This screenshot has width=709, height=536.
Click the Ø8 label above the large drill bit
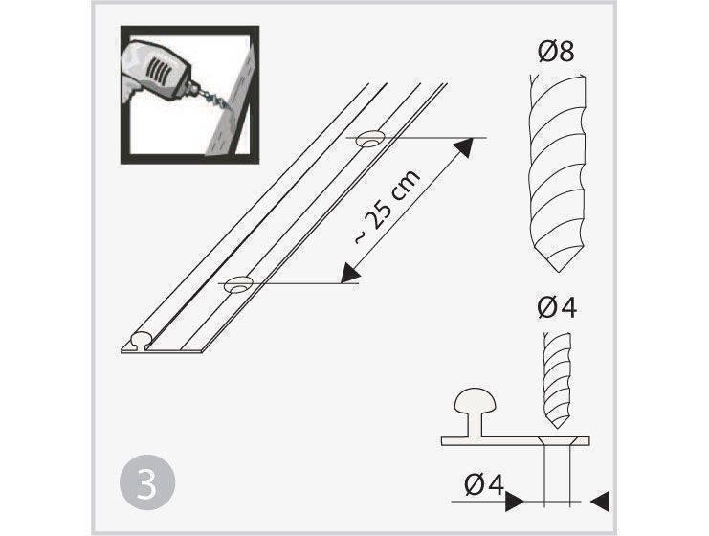pyautogui.click(x=556, y=51)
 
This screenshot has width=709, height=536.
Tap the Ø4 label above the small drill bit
pyautogui.click(x=557, y=308)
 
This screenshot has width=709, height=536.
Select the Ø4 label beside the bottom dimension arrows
pyautogui.click(x=484, y=485)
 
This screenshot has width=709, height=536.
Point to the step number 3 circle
pyautogui.click(x=147, y=482)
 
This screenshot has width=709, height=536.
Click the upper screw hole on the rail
pyautogui.click(x=370, y=140)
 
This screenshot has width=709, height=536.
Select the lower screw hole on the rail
pyautogui.click(x=239, y=284)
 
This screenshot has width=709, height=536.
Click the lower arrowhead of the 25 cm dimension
pyautogui.click(x=350, y=273)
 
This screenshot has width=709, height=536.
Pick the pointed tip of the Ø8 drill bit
pyautogui.click(x=560, y=272)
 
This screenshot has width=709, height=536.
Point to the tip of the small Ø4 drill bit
pyautogui.click(x=556, y=428)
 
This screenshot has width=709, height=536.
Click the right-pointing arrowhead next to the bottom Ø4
pyautogui.click(x=514, y=502)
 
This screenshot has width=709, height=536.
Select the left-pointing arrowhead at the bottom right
pyautogui.click(x=600, y=502)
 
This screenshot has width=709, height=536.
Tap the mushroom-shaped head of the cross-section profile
pyautogui.click(x=475, y=401)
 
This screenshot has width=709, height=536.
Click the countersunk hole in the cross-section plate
pyautogui.click(x=557, y=441)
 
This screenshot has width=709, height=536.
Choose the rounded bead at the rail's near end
pyautogui.click(x=143, y=339)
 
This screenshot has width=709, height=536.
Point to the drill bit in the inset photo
pyautogui.click(x=212, y=99)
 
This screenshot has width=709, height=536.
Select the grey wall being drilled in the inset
pyautogui.click(x=231, y=104)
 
